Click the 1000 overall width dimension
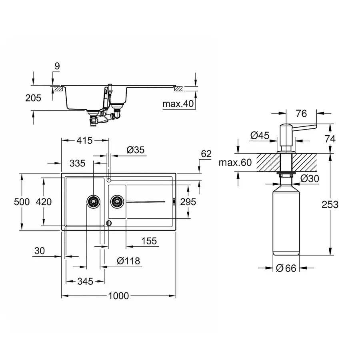(x=118, y=296)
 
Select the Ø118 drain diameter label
(x=128, y=261)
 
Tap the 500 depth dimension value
(x=22, y=202)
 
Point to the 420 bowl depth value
(x=44, y=202)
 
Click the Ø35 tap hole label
(x=135, y=150)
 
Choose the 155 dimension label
(x=148, y=241)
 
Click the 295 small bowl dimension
(x=188, y=202)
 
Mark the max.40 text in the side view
(x=178, y=104)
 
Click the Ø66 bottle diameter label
(x=286, y=268)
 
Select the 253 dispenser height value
(x=330, y=204)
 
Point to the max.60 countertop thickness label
(x=235, y=163)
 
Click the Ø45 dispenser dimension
(x=260, y=136)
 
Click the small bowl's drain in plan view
(x=117, y=201)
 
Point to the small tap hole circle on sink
(x=109, y=181)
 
